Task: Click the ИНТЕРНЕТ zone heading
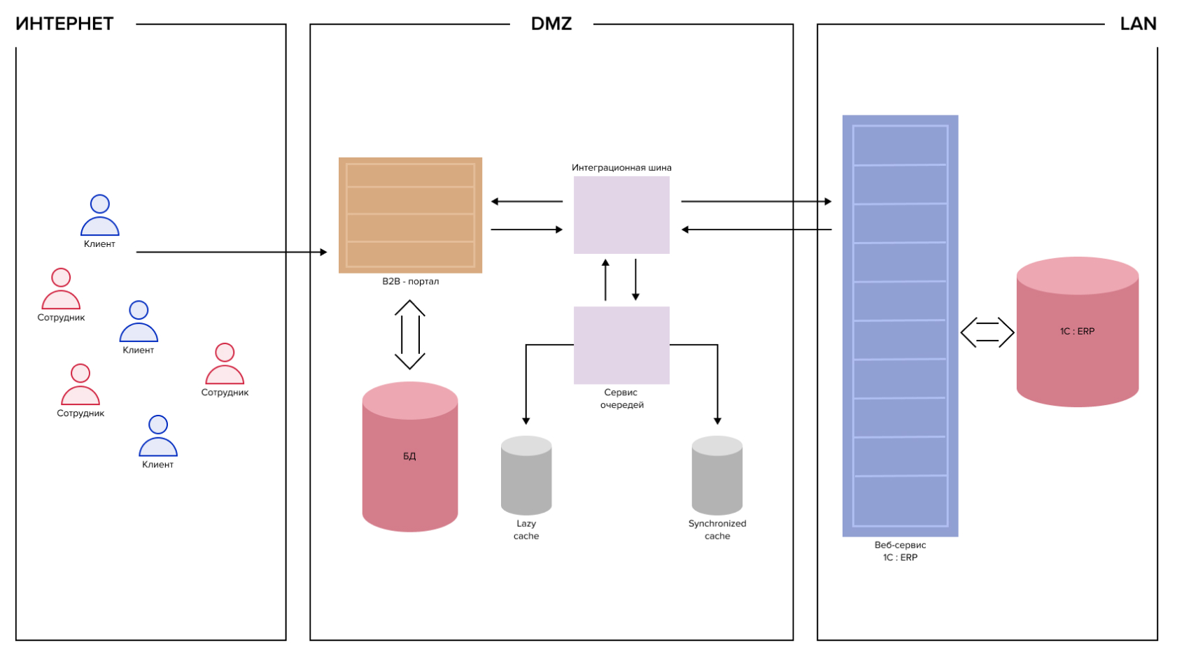(64, 24)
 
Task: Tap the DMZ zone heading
(551, 24)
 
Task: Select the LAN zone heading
(1138, 24)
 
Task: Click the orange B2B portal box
(410, 215)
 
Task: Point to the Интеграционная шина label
(621, 168)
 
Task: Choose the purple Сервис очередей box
(621, 345)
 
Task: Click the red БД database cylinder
(410, 457)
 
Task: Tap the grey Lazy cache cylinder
(526, 476)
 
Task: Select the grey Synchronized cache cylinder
(717, 476)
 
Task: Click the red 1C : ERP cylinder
(1078, 332)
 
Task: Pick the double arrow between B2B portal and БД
(410, 334)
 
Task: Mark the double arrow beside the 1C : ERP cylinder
(987, 332)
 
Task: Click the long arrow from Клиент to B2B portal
(231, 252)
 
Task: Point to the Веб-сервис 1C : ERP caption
(900, 551)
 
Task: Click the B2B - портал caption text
(410, 281)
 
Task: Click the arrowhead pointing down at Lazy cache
(526, 420)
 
